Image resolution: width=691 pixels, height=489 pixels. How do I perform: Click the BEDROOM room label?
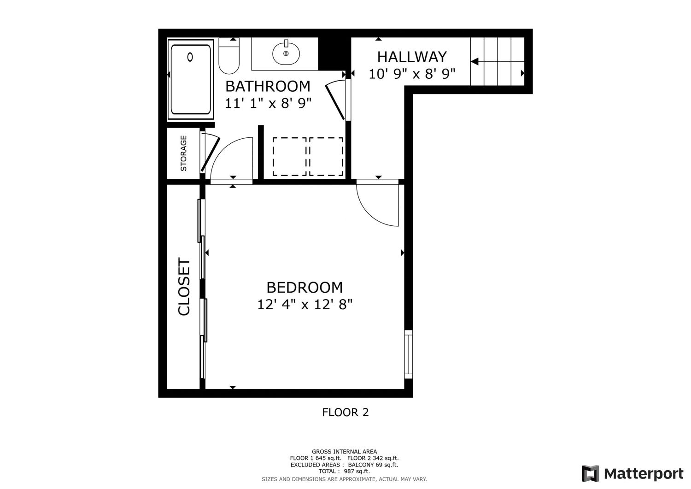305,288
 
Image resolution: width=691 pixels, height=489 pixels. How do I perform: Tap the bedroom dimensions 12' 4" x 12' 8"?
305,305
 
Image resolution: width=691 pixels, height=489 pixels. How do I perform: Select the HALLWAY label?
412,57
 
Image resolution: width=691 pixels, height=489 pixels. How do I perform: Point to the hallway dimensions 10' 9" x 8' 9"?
412,74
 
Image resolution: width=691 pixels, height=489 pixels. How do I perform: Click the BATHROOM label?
268,87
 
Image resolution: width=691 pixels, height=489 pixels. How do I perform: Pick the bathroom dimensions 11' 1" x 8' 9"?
268,103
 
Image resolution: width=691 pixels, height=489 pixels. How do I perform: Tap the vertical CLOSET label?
184,287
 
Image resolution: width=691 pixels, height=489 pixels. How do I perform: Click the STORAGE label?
183,153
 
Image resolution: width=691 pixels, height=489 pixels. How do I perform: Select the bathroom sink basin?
286,54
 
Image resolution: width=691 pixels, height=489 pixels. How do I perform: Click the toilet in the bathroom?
229,56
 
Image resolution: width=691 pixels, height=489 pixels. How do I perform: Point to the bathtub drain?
190,57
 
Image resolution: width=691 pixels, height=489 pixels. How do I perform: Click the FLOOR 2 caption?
345,412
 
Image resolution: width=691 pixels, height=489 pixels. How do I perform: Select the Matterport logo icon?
591,474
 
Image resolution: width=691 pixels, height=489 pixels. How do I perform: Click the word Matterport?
644,474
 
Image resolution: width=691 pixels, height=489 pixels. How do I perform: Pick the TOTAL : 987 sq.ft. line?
344,471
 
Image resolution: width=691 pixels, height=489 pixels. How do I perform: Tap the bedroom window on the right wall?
409,354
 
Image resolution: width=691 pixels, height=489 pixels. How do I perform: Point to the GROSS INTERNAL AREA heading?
344,452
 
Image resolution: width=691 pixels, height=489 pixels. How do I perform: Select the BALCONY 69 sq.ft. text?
373,465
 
